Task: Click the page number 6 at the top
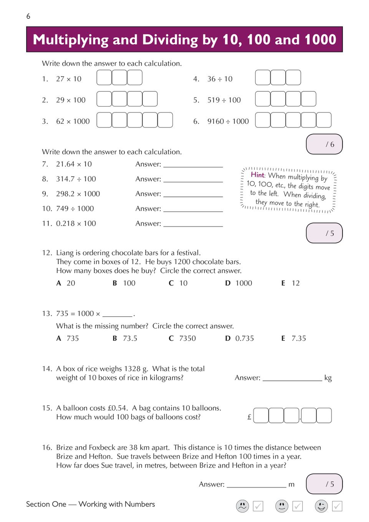click(28, 16)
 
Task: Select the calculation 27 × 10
click(69, 79)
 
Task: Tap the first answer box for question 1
click(104, 78)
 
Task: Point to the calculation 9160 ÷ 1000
click(228, 121)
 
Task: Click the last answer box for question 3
click(165, 120)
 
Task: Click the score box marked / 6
click(324, 144)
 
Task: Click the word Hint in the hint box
click(258, 175)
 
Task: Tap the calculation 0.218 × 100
click(76, 223)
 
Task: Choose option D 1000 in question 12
click(239, 283)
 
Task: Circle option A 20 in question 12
click(66, 283)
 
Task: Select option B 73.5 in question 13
click(125, 339)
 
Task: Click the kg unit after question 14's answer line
click(328, 378)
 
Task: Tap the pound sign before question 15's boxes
click(249, 417)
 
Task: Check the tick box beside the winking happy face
click(337, 506)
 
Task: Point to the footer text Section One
click(46, 504)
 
